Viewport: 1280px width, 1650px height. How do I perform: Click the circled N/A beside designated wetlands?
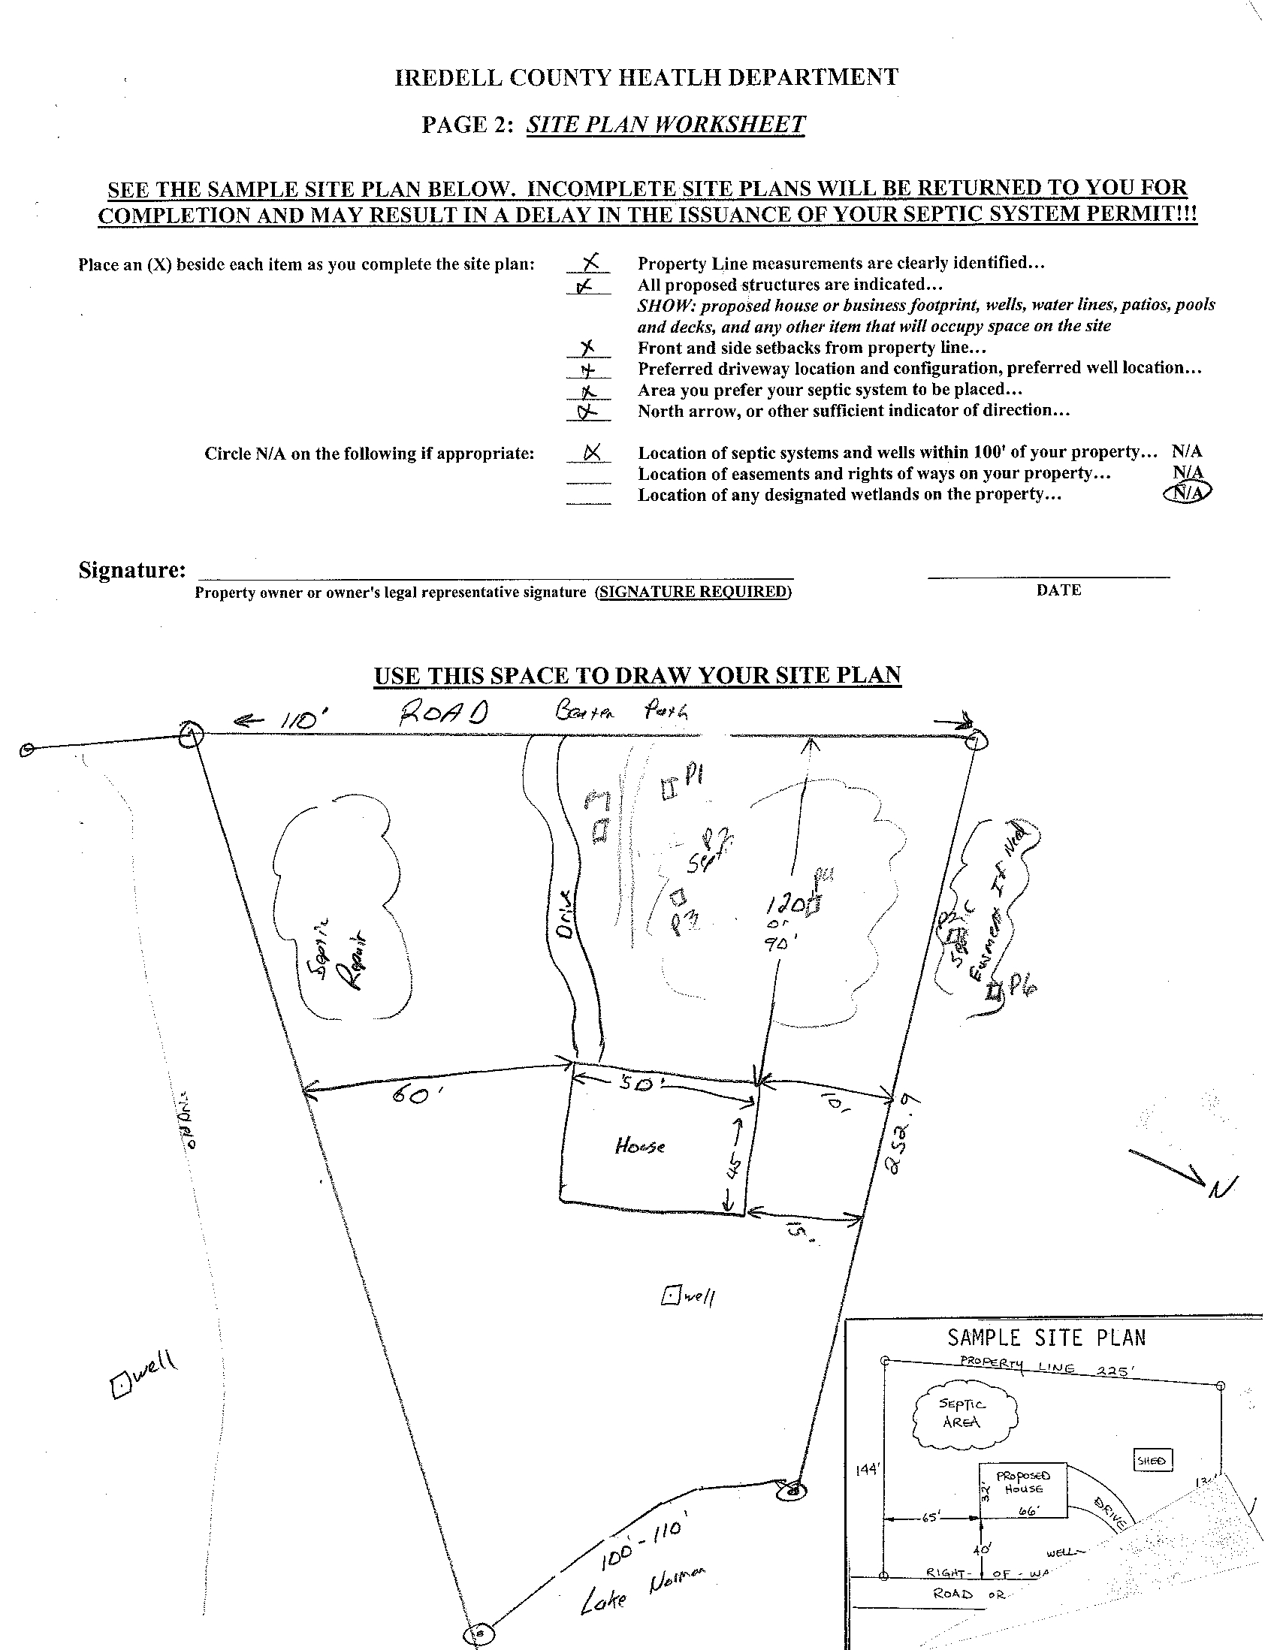pyautogui.click(x=1187, y=493)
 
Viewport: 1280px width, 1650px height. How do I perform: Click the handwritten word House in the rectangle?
pyautogui.click(x=640, y=1146)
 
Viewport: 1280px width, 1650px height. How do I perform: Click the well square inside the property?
pyautogui.click(x=670, y=1295)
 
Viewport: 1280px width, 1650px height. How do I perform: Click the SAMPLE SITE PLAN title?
pyautogui.click(x=1046, y=1338)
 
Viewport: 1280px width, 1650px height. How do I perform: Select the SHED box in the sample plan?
pyautogui.click(x=1152, y=1461)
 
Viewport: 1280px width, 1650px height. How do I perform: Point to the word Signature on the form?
pyautogui.click(x=131, y=569)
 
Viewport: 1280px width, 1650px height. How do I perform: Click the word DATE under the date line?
pyautogui.click(x=1058, y=590)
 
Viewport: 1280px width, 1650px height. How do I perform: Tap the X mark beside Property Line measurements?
pyautogui.click(x=591, y=261)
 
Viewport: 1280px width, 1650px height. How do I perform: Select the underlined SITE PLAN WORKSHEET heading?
pyautogui.click(x=666, y=124)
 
